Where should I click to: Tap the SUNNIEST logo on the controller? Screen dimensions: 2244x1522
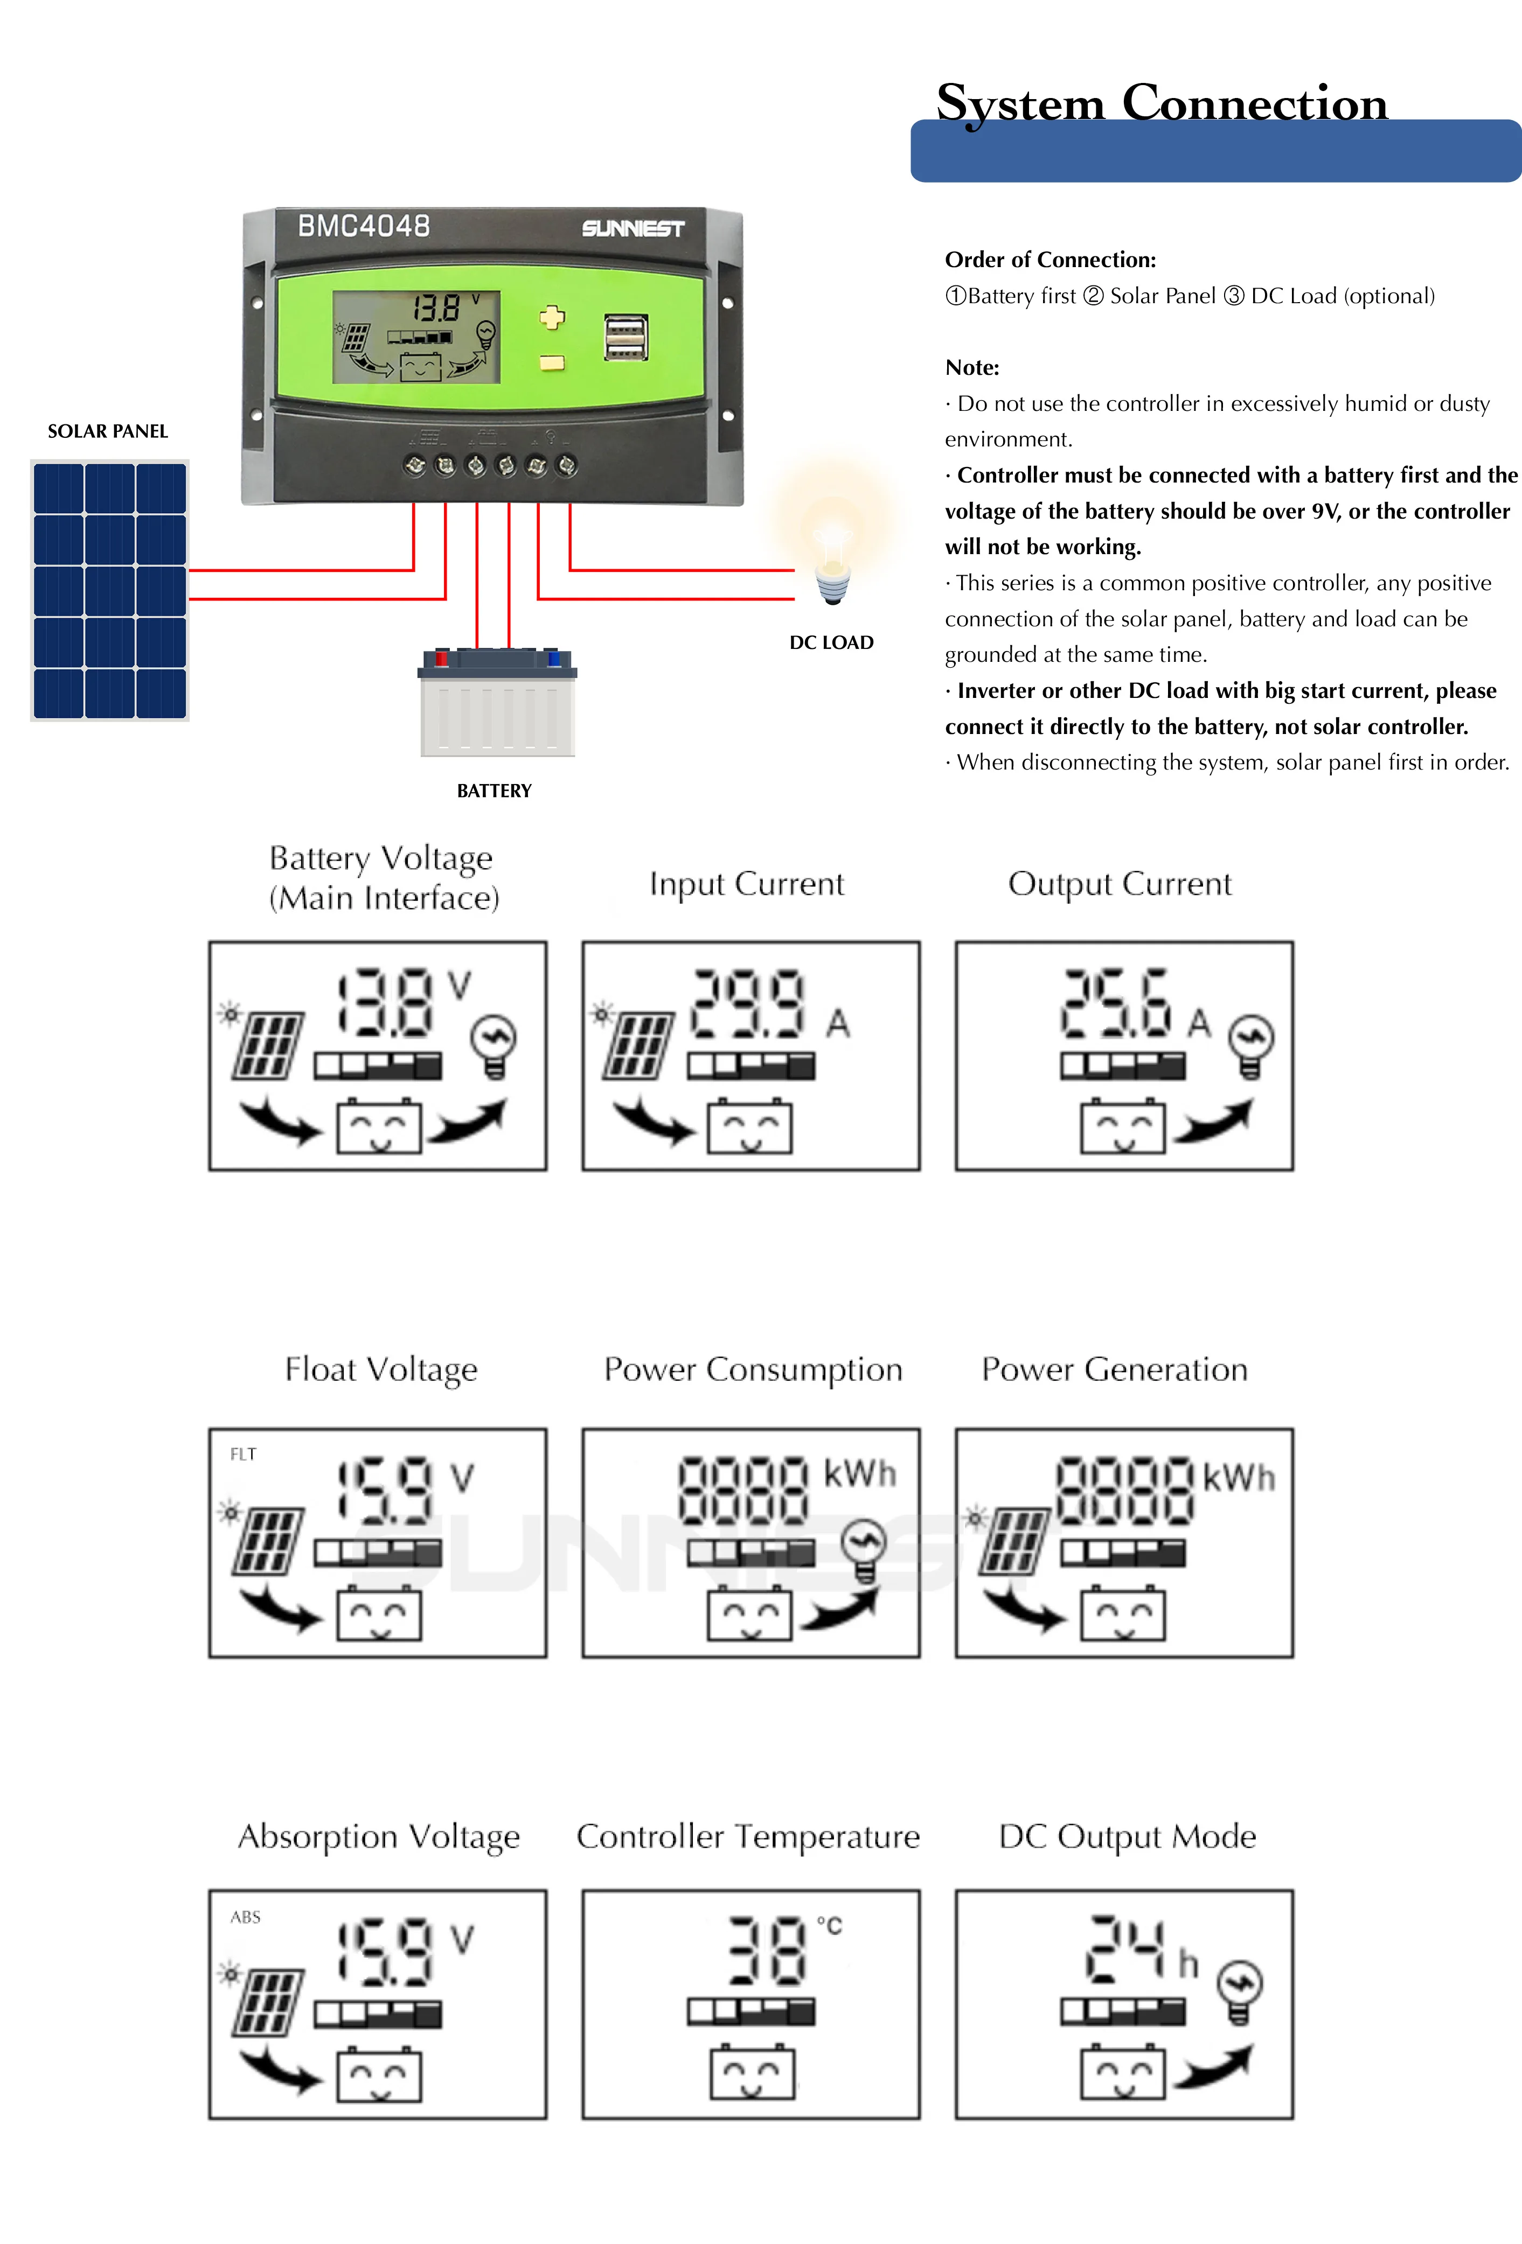633,229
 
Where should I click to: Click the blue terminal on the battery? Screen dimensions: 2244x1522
553,659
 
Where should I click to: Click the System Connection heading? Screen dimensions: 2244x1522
1161,102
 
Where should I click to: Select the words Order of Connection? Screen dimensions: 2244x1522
1050,260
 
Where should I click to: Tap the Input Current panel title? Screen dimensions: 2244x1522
747,884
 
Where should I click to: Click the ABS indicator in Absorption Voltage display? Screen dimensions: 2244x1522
245,1917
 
